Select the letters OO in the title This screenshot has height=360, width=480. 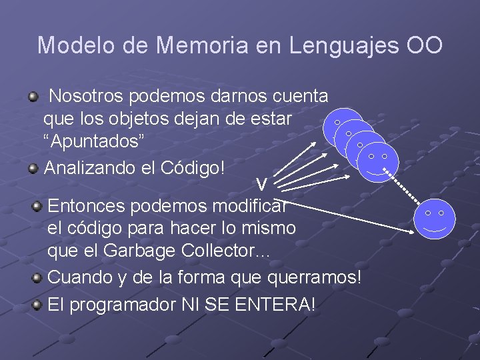coord(424,45)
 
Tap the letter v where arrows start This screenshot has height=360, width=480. coord(262,184)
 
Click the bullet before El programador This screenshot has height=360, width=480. coord(39,305)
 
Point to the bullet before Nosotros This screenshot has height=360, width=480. coord(33,97)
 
